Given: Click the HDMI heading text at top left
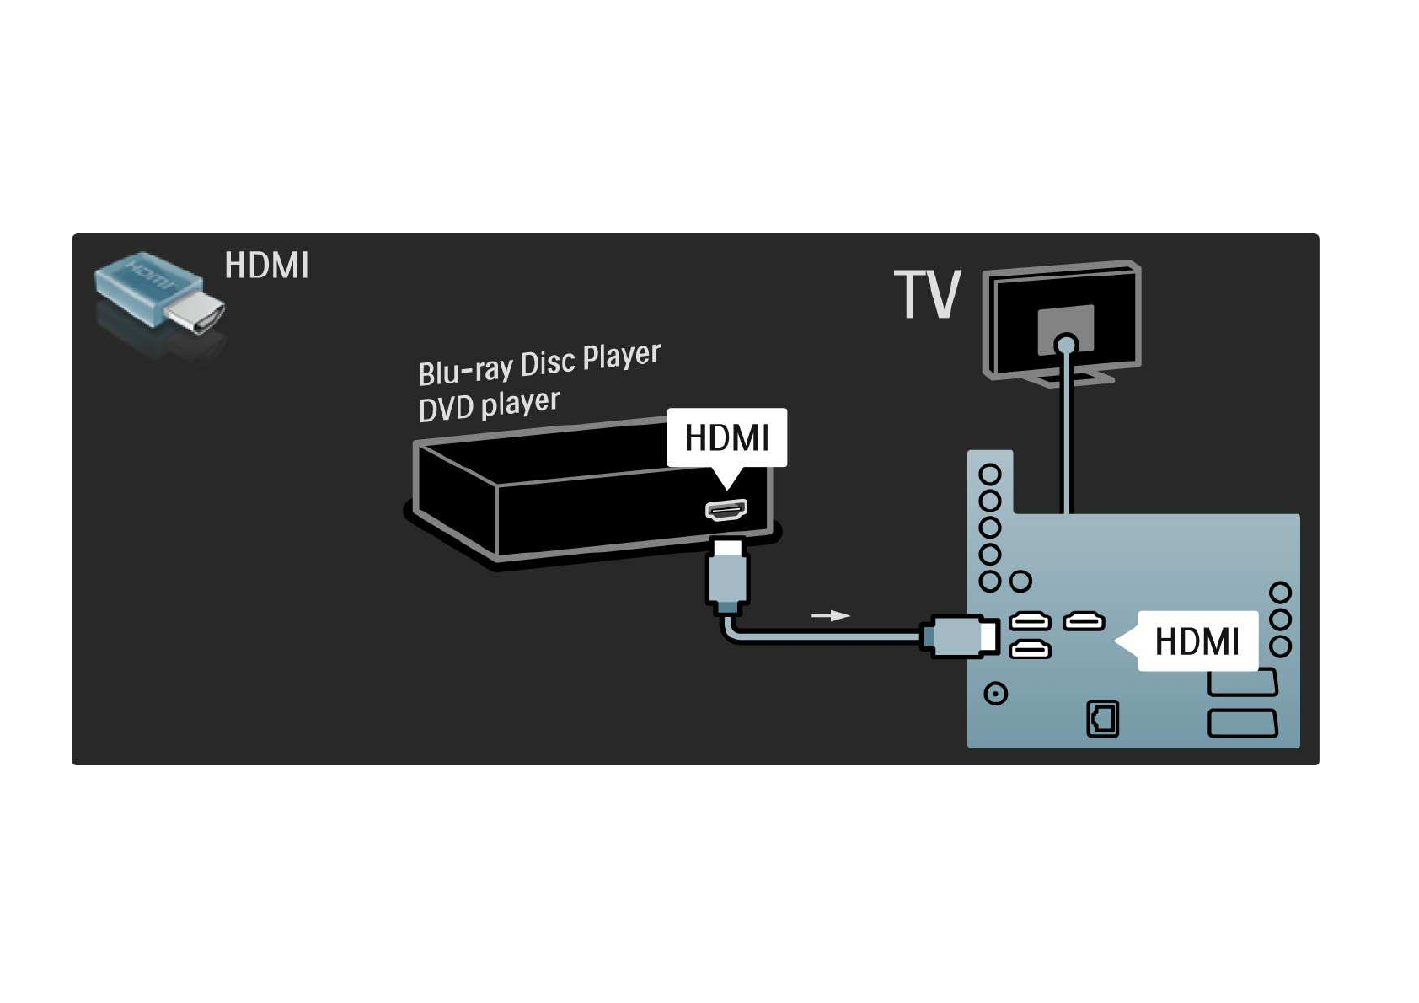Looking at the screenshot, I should pyautogui.click(x=266, y=265).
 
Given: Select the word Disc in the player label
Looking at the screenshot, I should pyautogui.click(x=548, y=363).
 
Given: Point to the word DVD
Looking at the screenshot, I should pyautogui.click(x=446, y=409).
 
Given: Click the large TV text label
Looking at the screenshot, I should pyautogui.click(x=927, y=295).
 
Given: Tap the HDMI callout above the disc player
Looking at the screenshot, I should pyautogui.click(x=726, y=437).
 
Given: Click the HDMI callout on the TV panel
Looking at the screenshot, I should pyautogui.click(x=1197, y=641).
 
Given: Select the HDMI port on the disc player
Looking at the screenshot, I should pyautogui.click(x=726, y=510).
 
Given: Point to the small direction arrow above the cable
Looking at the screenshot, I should pyautogui.click(x=830, y=615).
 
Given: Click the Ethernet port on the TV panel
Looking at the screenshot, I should pyautogui.click(x=1102, y=719).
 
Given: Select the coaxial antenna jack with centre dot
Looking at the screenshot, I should pyautogui.click(x=996, y=694).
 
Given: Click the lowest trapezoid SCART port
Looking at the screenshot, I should pyautogui.click(x=1243, y=723).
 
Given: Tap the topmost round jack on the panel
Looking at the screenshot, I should pyautogui.click(x=990, y=474).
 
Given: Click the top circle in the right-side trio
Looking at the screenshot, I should pyautogui.click(x=1280, y=593).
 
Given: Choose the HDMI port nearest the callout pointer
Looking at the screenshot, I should pyautogui.click(x=1084, y=622).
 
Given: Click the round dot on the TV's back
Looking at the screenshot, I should pyautogui.click(x=1066, y=344).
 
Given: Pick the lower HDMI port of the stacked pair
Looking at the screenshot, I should pyautogui.click(x=1030, y=649).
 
